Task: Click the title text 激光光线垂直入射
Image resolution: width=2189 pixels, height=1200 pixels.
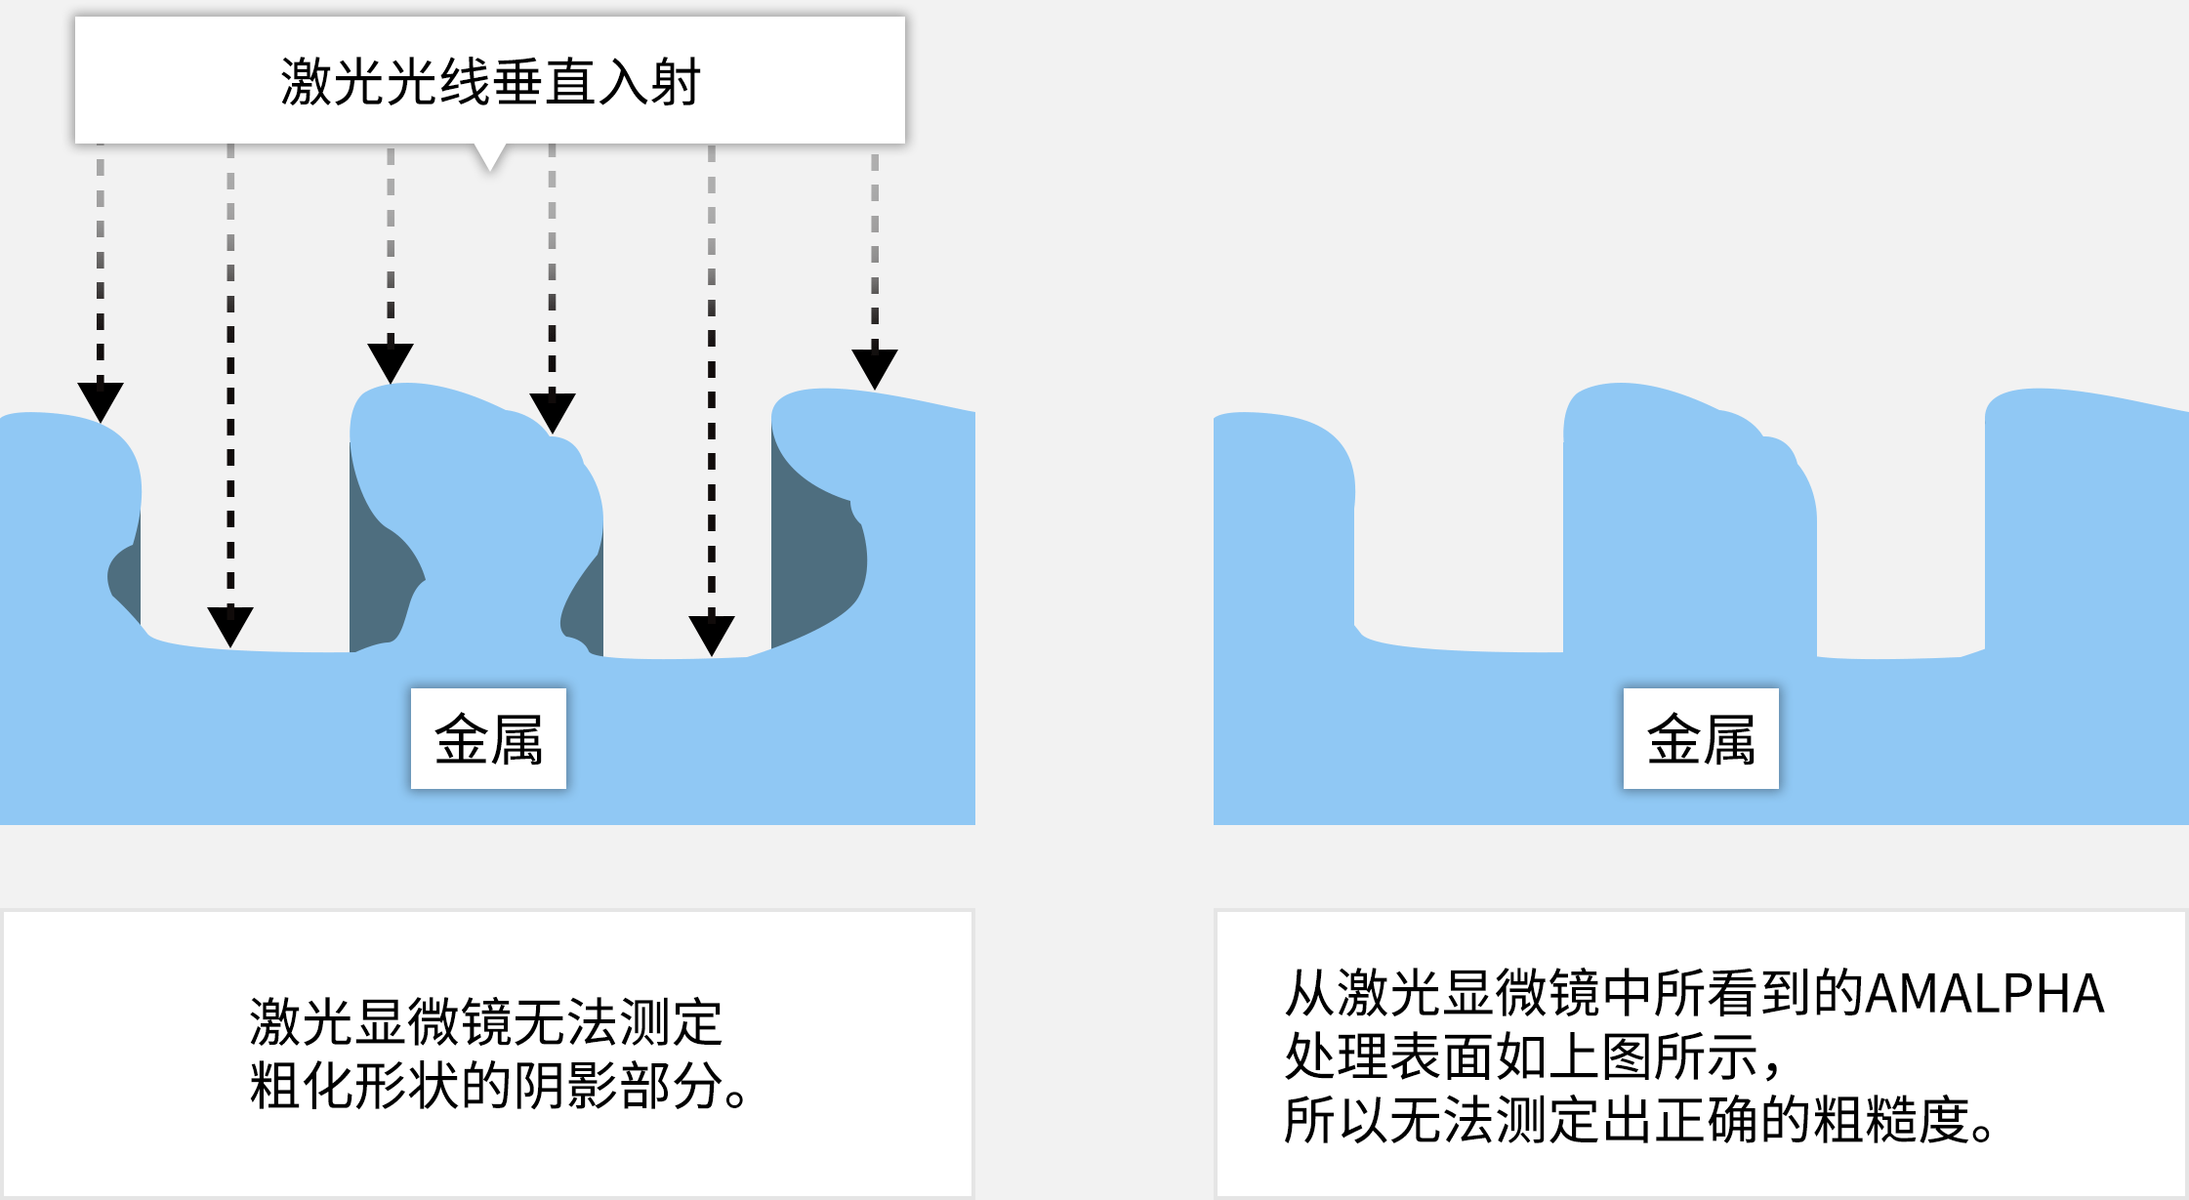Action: coord(490,81)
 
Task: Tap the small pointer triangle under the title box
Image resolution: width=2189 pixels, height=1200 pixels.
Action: coord(490,156)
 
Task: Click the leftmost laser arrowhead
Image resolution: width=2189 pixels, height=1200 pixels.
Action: coord(101,401)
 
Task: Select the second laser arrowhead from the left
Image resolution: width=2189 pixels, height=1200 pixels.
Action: coord(230,625)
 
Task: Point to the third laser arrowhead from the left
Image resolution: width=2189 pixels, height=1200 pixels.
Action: coord(391,362)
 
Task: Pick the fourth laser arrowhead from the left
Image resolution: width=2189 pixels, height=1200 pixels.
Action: coord(552,412)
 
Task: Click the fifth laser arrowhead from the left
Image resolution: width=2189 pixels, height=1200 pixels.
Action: coord(712,635)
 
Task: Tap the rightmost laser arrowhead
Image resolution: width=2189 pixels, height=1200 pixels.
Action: coord(875,368)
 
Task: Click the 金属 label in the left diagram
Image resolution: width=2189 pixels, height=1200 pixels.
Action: coord(488,738)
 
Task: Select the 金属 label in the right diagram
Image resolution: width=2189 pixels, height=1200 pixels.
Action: coord(1701,738)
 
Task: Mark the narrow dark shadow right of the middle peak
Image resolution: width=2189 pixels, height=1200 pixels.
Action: coord(586,605)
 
